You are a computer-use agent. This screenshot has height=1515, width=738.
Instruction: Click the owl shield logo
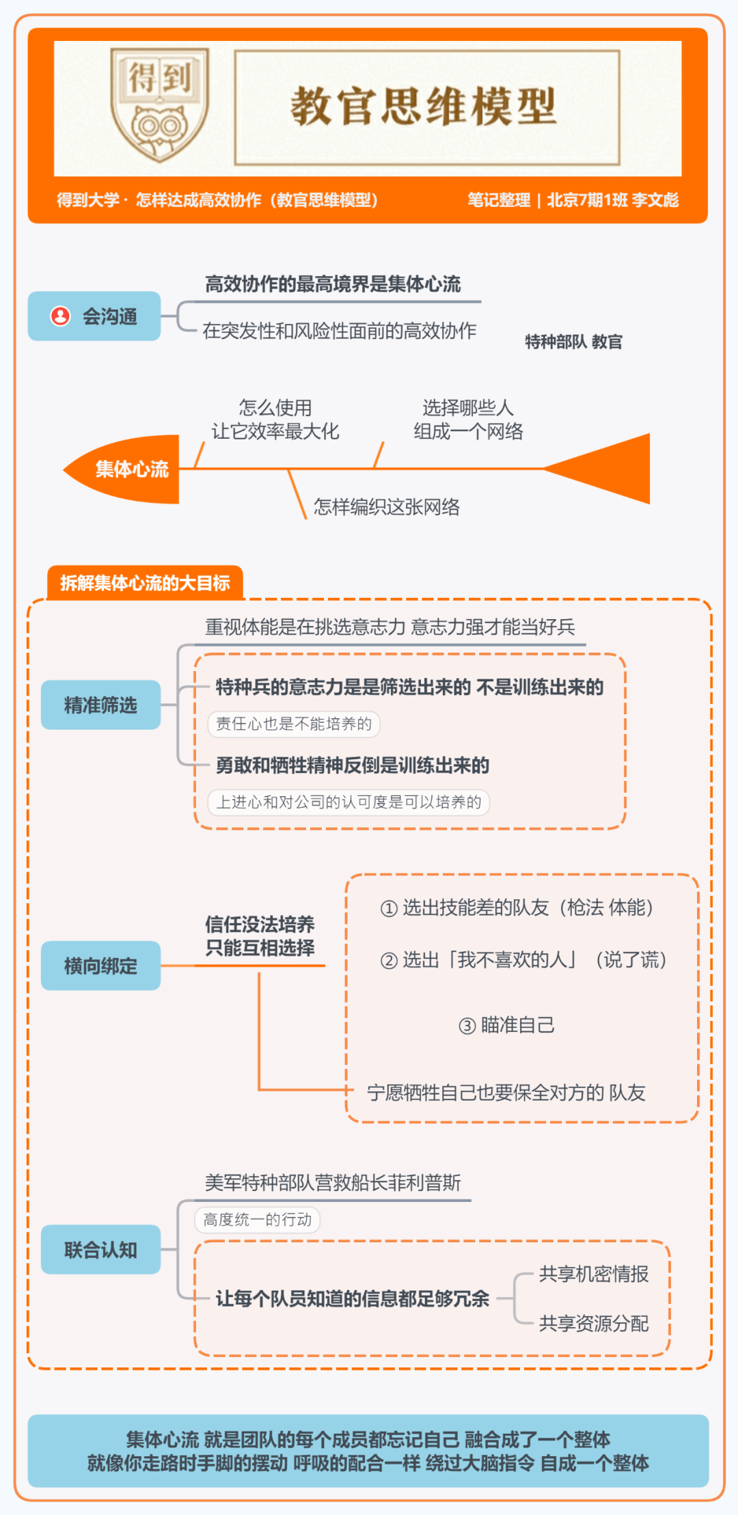[x=160, y=105]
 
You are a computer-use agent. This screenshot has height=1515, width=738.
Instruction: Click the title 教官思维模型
[x=424, y=107]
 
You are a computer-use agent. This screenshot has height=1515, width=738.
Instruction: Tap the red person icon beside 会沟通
[x=60, y=316]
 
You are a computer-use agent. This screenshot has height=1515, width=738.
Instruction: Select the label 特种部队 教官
[x=573, y=342]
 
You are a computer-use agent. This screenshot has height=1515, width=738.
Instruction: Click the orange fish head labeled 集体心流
[x=123, y=469]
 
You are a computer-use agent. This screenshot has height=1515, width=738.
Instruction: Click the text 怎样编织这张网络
[x=387, y=506]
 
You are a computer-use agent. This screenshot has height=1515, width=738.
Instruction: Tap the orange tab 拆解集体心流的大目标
[x=145, y=583]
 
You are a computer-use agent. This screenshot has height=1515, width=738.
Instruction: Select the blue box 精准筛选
[x=101, y=705]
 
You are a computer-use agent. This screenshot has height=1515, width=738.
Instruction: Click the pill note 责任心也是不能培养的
[x=294, y=724]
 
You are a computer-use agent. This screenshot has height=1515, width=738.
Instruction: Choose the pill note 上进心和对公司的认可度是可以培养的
[x=348, y=802]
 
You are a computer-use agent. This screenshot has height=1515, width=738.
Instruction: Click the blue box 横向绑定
[x=101, y=966]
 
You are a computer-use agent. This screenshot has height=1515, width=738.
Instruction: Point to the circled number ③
[x=467, y=1026]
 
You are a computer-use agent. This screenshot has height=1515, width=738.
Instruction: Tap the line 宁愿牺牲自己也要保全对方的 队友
[x=506, y=1093]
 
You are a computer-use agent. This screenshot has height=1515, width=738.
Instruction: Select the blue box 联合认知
[x=101, y=1250]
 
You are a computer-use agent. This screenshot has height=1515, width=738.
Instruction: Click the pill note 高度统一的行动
[x=258, y=1220]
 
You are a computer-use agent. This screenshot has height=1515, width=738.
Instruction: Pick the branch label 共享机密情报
[x=594, y=1274]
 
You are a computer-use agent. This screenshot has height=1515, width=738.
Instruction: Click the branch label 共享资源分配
[x=594, y=1324]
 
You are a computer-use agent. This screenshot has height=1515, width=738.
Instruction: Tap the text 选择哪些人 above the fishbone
[x=468, y=408]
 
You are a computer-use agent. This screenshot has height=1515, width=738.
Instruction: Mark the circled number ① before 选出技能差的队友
[x=389, y=908]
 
